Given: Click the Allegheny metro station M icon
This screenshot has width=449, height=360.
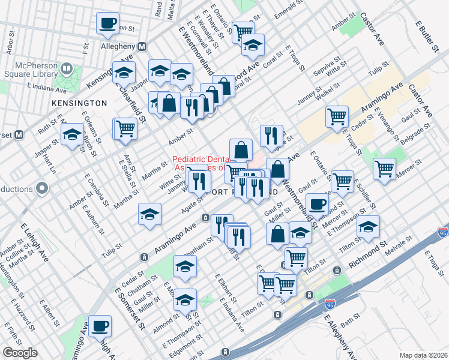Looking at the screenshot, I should pos(142,47).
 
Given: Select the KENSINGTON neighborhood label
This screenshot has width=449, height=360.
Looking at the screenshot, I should pos(79,103).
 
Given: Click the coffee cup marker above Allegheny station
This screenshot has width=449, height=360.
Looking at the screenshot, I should pos(108,23).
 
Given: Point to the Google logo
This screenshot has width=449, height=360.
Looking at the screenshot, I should pos(20,352).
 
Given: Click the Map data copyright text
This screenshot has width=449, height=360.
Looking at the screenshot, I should pos(423,355).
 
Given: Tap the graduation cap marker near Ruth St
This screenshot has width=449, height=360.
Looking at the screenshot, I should pos(73,136).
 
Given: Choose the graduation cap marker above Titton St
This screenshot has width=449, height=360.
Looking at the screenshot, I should pos(368,226).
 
